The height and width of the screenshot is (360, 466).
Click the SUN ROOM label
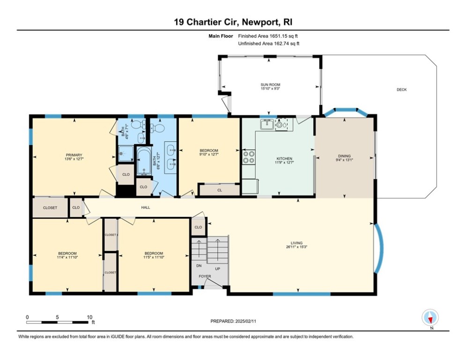270,85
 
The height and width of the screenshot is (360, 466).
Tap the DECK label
401,90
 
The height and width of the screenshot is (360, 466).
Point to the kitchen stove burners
249,157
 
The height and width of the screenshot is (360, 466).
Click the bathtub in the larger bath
143,162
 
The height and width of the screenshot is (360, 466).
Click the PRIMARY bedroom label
74,155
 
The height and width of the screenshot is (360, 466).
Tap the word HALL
146,207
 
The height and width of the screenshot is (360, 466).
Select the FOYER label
205,276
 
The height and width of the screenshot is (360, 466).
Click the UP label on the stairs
217,269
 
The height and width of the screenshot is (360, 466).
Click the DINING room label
344,156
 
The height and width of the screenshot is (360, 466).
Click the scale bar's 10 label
89,317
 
